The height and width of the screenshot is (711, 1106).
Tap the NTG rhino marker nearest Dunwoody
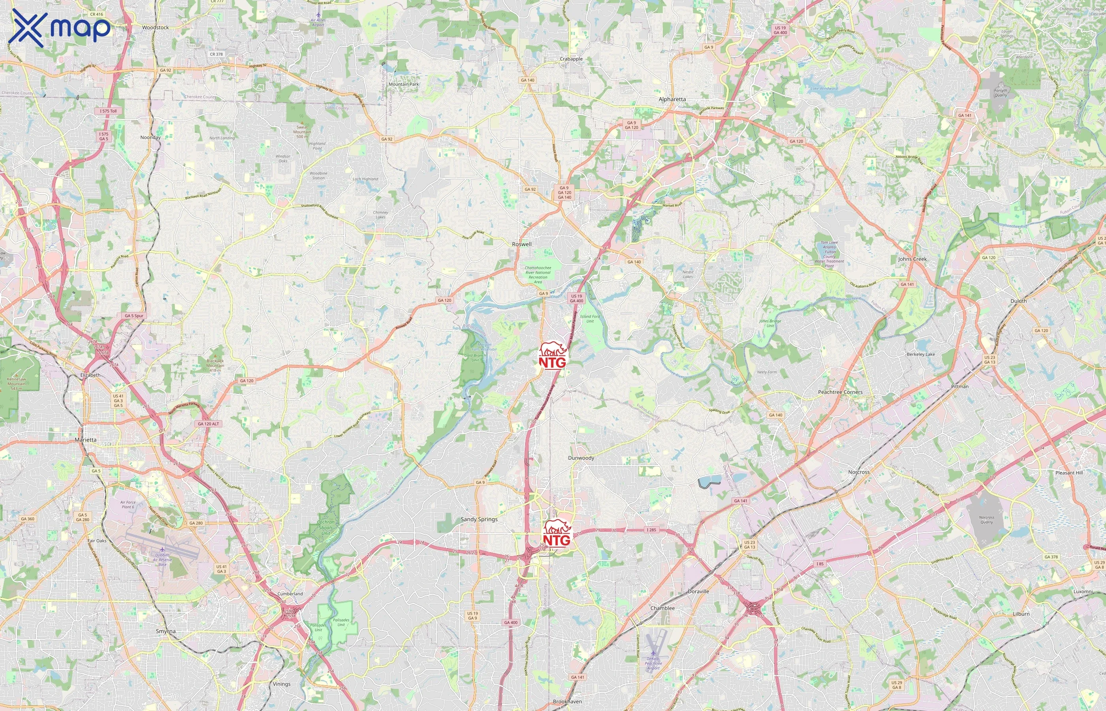click(557, 534)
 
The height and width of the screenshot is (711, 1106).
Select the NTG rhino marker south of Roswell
click(553, 355)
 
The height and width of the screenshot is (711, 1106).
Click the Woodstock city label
click(155, 28)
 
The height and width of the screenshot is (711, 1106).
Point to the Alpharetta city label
click(672, 99)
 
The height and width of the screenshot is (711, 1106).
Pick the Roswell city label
click(522, 244)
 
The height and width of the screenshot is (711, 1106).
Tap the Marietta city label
click(86, 440)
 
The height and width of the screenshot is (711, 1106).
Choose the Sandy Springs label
click(479, 519)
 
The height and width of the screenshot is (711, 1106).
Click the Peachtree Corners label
click(840, 392)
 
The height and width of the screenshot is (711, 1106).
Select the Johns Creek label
click(912, 259)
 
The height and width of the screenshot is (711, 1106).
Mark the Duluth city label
click(1019, 301)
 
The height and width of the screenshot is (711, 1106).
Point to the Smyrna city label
click(166, 631)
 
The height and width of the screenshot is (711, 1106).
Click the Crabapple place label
click(571, 59)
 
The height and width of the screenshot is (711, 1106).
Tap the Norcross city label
click(859, 472)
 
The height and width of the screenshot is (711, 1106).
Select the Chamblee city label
click(662, 608)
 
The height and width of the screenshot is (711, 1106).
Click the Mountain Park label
click(404, 84)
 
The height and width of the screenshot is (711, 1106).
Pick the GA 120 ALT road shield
click(209, 424)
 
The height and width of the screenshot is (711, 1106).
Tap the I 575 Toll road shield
click(109, 111)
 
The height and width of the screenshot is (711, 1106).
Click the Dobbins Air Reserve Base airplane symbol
click(162, 549)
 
